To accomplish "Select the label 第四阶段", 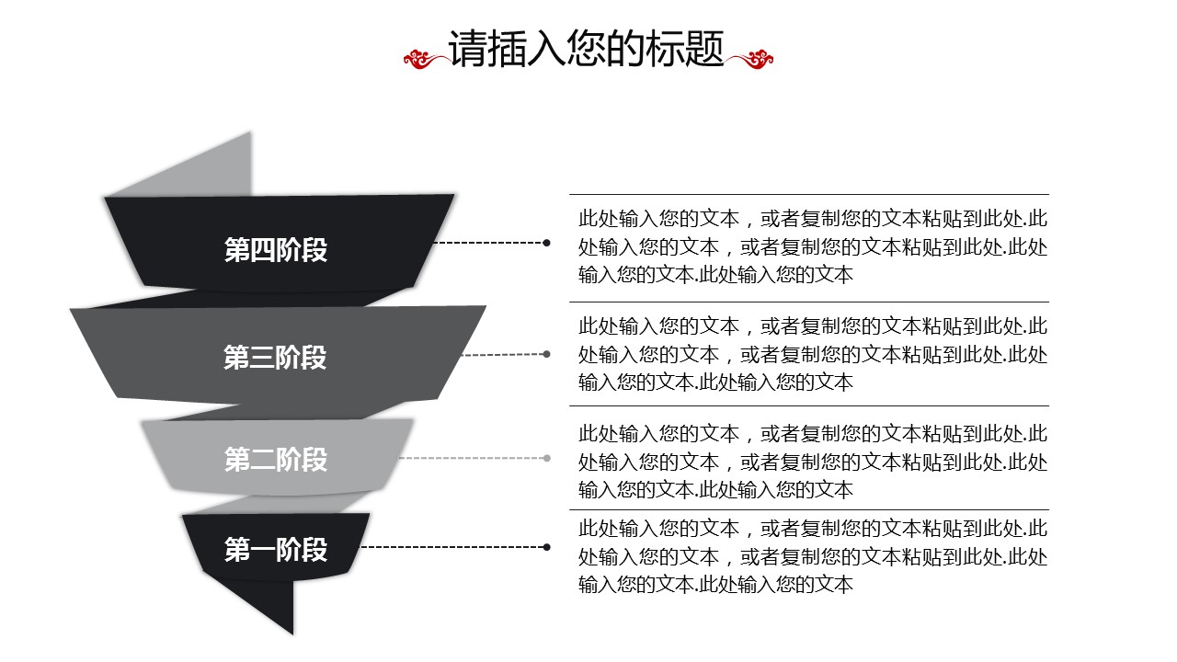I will tap(276, 249).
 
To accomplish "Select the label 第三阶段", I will tap(276, 357).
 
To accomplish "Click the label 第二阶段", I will tap(276, 459).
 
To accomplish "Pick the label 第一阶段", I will tap(276, 550).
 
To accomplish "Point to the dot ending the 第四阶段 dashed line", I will tap(546, 243).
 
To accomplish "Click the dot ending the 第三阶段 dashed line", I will tap(546, 354).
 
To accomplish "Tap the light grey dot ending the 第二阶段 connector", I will tap(546, 458).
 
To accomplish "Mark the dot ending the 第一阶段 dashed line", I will tap(546, 547).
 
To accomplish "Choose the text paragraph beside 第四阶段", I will tap(813, 246).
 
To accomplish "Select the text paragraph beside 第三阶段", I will tap(813, 354).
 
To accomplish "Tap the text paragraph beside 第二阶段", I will tap(813, 461).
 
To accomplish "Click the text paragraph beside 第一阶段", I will tap(813, 556).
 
